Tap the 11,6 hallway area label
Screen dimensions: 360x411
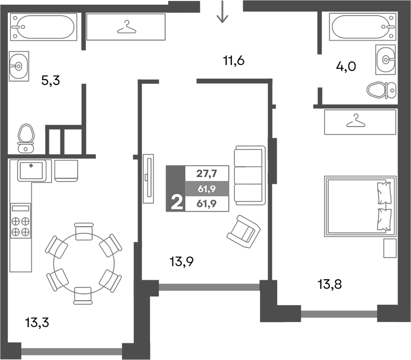click(233, 61)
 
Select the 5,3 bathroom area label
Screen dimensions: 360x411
click(51, 81)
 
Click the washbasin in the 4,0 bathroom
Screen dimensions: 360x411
click(385, 59)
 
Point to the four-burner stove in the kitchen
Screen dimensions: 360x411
click(20, 220)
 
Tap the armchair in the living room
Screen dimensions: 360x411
click(243, 229)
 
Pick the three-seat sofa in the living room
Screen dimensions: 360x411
click(249, 175)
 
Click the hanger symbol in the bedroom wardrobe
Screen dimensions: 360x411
click(356, 121)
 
